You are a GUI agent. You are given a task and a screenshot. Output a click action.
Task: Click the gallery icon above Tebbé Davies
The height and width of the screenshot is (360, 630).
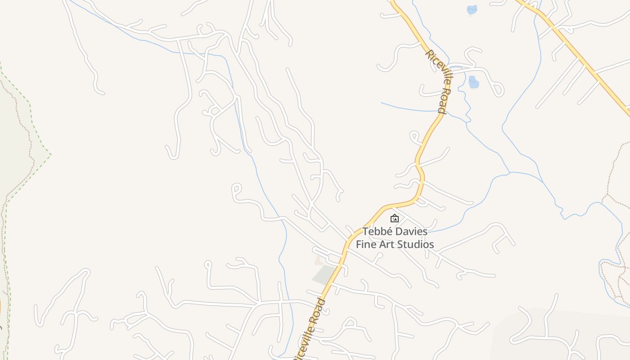pyautogui.click(x=395, y=218)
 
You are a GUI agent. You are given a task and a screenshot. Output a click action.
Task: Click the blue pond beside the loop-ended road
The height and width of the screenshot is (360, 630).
pyautogui.click(x=473, y=82)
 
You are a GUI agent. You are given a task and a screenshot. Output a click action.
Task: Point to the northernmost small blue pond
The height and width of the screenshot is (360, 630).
pyautogui.click(x=472, y=9)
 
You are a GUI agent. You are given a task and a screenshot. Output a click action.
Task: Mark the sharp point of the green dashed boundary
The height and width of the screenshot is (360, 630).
pyautogui.click(x=51, y=154)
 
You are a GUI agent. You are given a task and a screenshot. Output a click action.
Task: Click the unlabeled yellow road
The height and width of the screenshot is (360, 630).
pyautogui.click(x=576, y=49)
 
